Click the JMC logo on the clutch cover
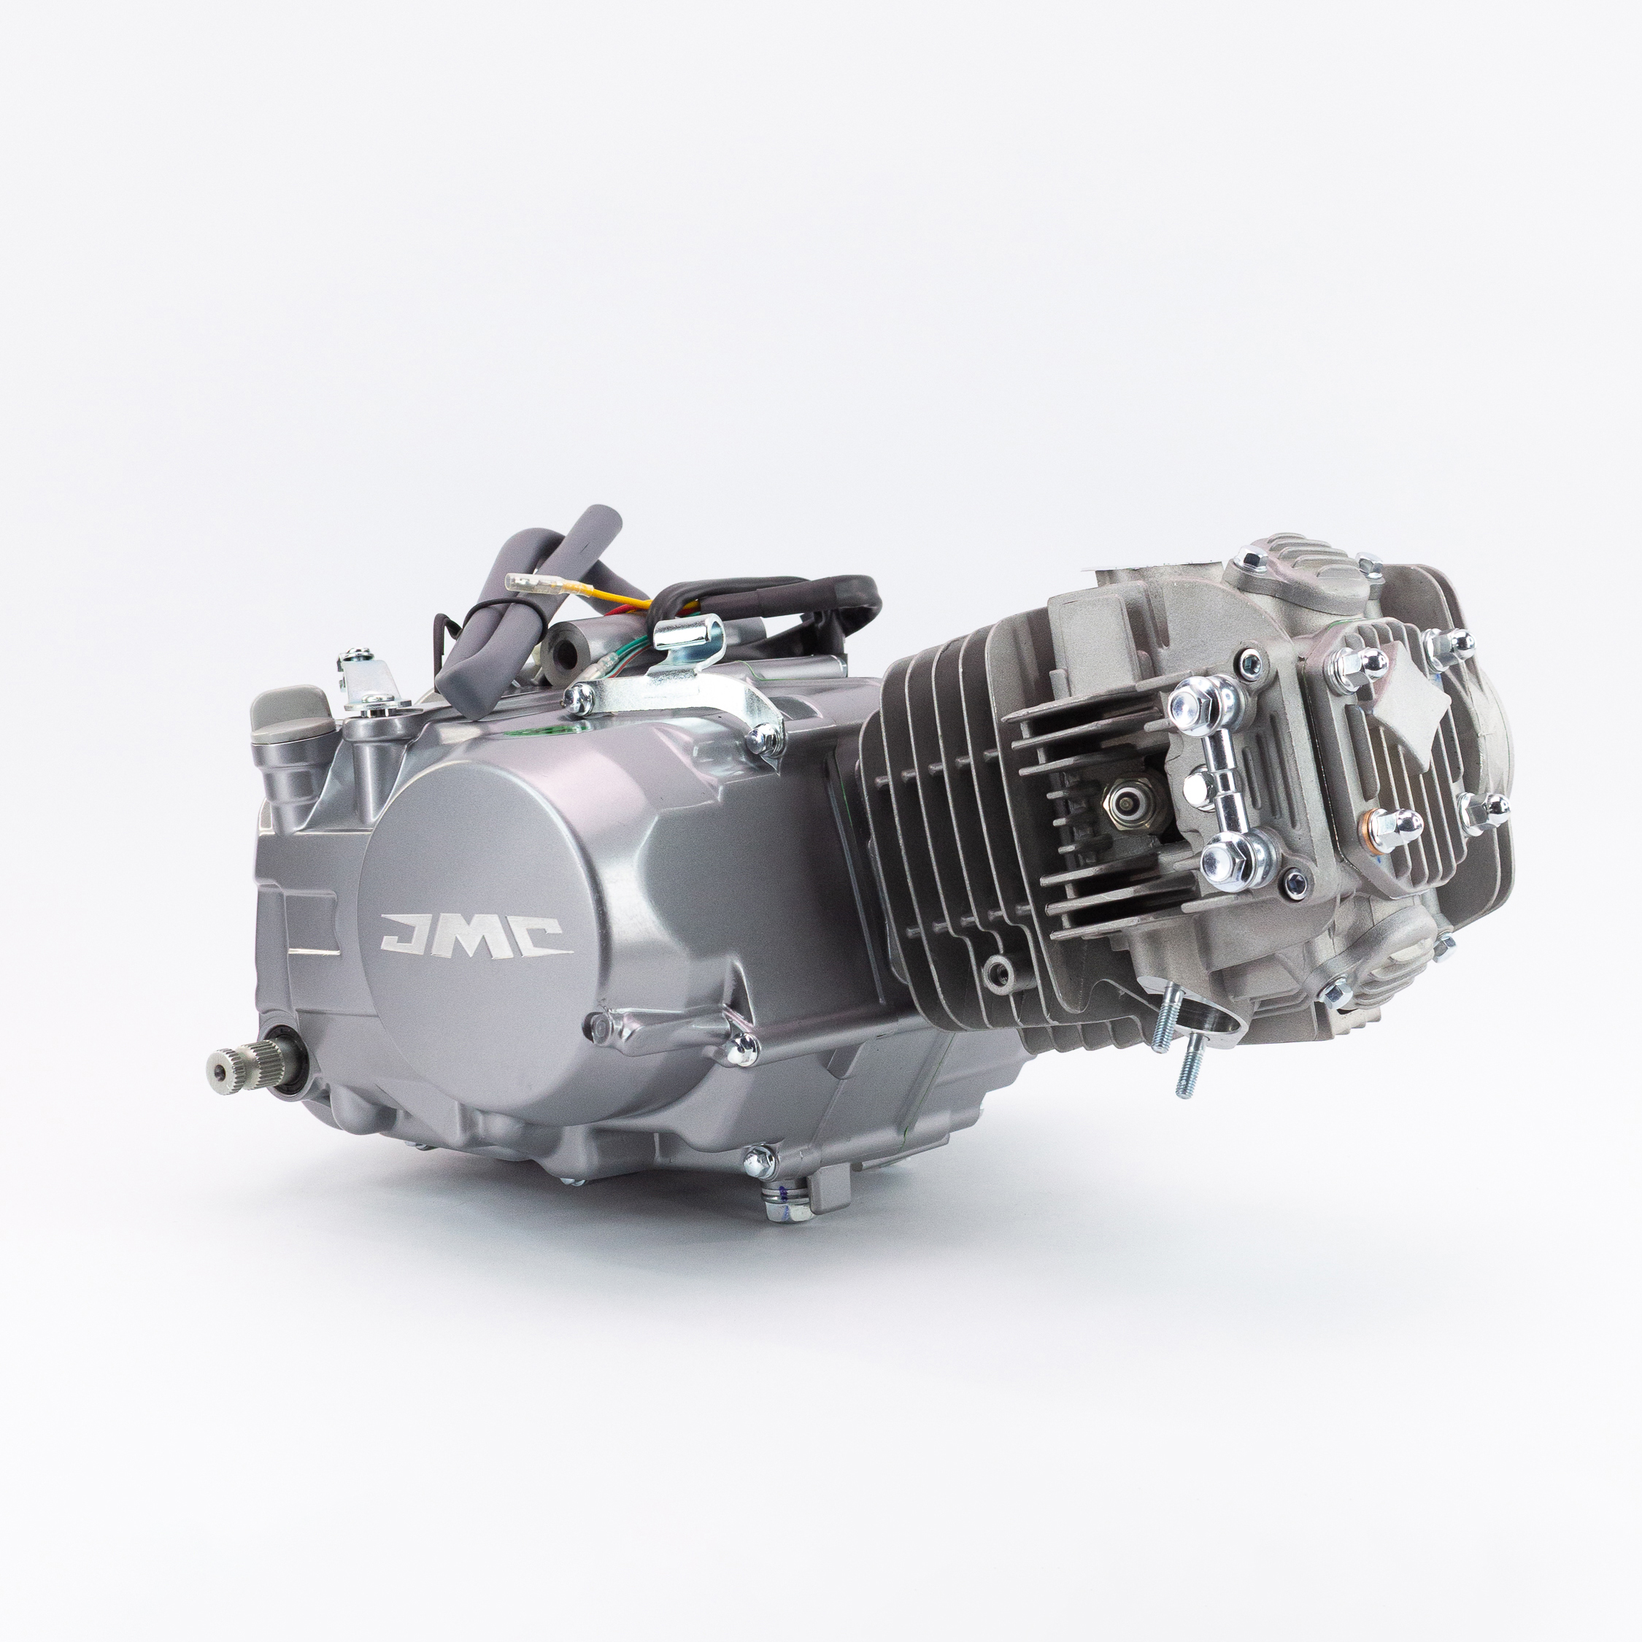[x=475, y=933]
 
